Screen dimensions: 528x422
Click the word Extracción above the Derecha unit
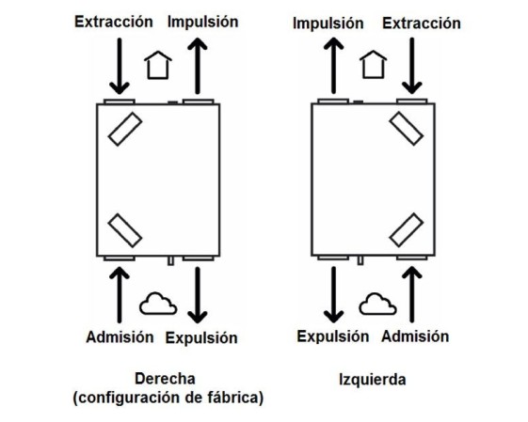pos(114,22)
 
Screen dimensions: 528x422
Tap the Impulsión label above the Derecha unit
pos(202,22)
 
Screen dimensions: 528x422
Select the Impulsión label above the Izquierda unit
pos(328,23)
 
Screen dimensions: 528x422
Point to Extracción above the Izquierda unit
pos(422,23)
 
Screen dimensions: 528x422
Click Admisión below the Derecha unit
pos(120,336)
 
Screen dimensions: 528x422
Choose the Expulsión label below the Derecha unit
pos(201,338)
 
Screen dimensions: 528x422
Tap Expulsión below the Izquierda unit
pos(332,336)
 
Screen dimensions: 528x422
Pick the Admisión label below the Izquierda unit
pos(415,336)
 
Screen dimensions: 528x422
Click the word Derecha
pos(165,379)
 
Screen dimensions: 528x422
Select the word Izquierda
pos(372,380)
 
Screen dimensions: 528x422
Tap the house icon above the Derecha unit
pos(158,65)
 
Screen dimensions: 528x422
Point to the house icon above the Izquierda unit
pos(373,65)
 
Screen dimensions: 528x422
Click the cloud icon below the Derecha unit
pos(158,304)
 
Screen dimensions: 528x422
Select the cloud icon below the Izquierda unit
pos(377,304)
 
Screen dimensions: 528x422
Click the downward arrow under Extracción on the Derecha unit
pos(120,66)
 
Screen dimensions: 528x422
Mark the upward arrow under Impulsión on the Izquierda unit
pos(333,66)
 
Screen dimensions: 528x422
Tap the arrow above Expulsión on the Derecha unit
pos(198,295)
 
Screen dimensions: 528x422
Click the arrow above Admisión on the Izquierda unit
pos(412,295)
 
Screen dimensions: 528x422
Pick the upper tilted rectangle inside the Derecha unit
pos(125,129)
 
